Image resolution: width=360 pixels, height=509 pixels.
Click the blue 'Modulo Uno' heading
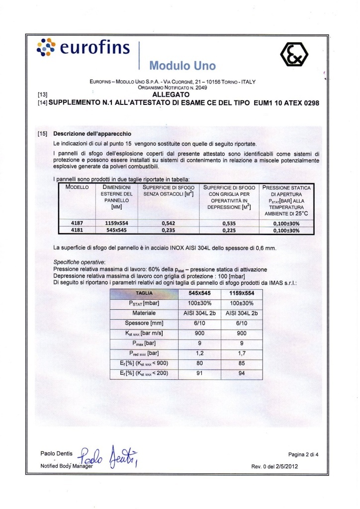tap(182, 65)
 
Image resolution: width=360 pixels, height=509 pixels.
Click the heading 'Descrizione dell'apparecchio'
tap(92, 134)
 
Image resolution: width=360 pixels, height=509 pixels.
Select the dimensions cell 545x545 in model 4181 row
tap(117, 230)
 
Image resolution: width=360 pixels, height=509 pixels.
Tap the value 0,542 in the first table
tap(170, 224)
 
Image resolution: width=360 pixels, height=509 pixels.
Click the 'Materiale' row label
tap(144, 313)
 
